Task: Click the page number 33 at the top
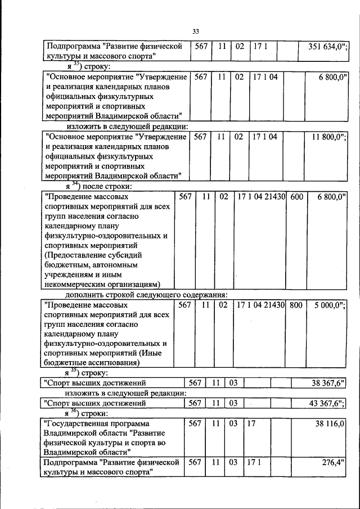click(196, 31)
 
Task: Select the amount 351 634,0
click(328, 46)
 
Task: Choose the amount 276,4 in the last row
click(333, 462)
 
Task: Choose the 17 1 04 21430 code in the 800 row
click(261, 305)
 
